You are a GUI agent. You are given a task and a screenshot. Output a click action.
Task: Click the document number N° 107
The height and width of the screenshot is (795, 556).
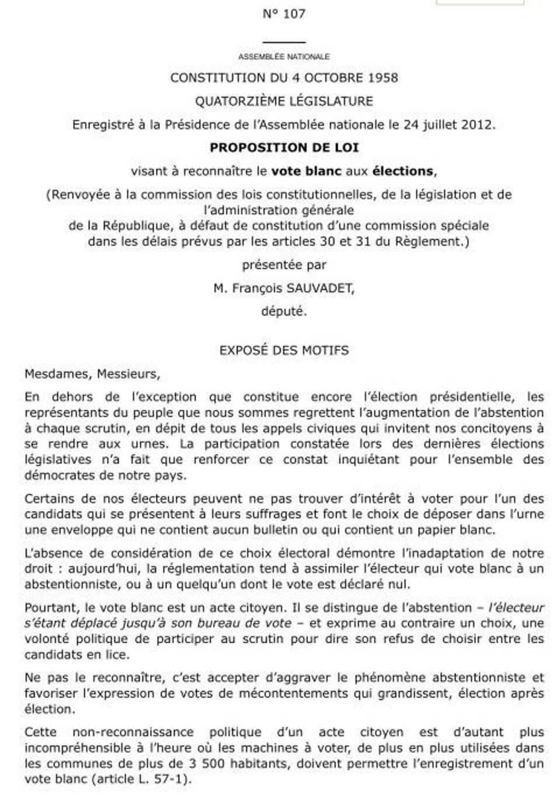(284, 14)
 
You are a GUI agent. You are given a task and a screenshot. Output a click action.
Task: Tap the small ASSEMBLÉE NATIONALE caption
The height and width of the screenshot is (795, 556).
(284, 57)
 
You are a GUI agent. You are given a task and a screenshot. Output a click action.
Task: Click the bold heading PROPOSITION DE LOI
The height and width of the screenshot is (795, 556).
(284, 148)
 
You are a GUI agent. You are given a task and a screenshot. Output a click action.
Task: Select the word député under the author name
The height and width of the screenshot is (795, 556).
(284, 311)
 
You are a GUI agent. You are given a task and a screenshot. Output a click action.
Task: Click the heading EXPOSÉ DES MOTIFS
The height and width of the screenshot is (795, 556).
(284, 350)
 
